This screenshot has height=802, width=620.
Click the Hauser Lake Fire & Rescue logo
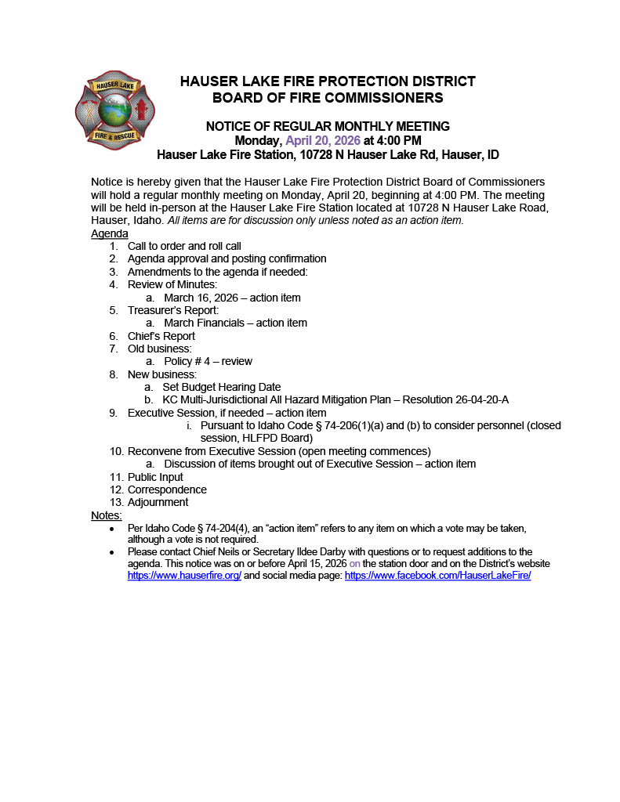[x=114, y=110]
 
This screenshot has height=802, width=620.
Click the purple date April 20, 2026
[x=323, y=141]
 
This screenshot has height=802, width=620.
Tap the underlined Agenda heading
[x=110, y=234]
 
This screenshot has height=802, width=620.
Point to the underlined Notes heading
[x=107, y=515]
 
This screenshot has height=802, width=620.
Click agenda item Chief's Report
[x=161, y=336]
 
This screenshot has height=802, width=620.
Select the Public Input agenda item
[x=155, y=477]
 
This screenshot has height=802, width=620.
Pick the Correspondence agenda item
[x=167, y=490]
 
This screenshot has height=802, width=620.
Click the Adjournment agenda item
[x=158, y=502]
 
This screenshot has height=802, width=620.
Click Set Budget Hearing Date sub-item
[x=221, y=387]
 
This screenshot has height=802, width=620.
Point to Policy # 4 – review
[x=208, y=362]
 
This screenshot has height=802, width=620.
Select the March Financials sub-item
[x=235, y=323]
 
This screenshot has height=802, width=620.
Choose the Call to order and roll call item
[x=184, y=246]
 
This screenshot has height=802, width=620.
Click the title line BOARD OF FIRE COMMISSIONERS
[x=328, y=98]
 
